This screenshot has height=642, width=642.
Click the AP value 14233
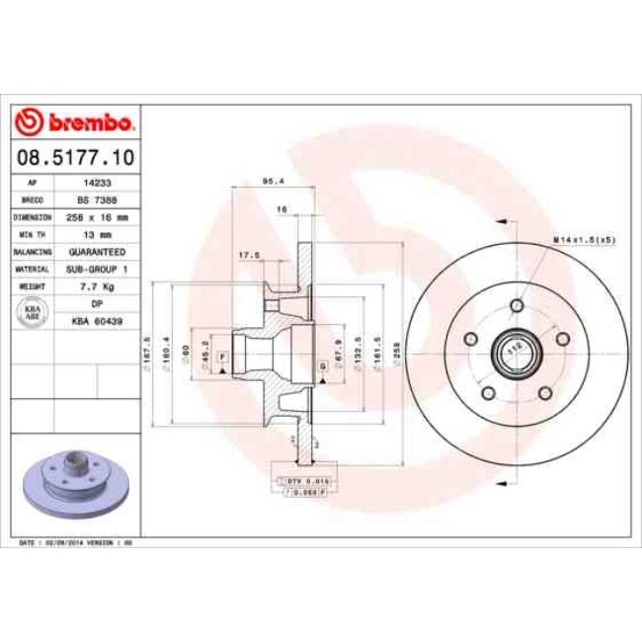[97, 184]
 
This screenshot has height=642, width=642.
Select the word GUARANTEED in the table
[97, 251]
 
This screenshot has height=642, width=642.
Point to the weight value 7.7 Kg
[97, 284]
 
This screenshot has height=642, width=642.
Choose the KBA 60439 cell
[97, 319]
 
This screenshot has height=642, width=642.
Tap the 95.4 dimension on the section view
[267, 181]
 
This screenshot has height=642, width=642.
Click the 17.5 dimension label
[250, 255]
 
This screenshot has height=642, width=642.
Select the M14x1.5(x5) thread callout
[584, 240]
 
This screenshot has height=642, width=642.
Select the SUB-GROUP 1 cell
[97, 268]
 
